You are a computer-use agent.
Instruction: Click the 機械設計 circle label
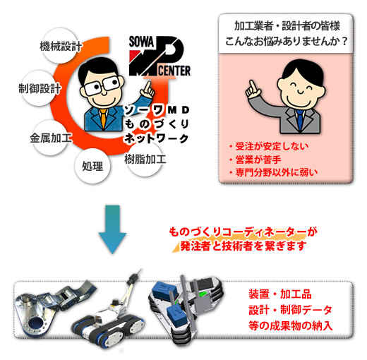point(60,46)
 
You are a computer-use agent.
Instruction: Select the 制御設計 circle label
point(39,88)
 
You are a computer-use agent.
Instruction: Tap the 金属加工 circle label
point(50,138)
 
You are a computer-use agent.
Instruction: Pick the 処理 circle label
point(92,166)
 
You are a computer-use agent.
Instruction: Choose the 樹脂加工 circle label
point(145,159)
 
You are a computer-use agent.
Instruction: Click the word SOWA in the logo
point(141,42)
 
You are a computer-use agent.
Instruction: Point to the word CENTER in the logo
point(174,71)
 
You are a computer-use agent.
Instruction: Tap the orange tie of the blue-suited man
point(103,119)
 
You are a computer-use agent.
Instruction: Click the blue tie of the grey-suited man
point(300,119)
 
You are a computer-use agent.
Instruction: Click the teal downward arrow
point(112,229)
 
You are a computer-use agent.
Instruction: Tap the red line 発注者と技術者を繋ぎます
point(243,246)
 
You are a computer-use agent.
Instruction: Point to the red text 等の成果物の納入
point(290,325)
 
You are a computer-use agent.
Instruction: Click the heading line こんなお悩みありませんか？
point(286,42)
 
